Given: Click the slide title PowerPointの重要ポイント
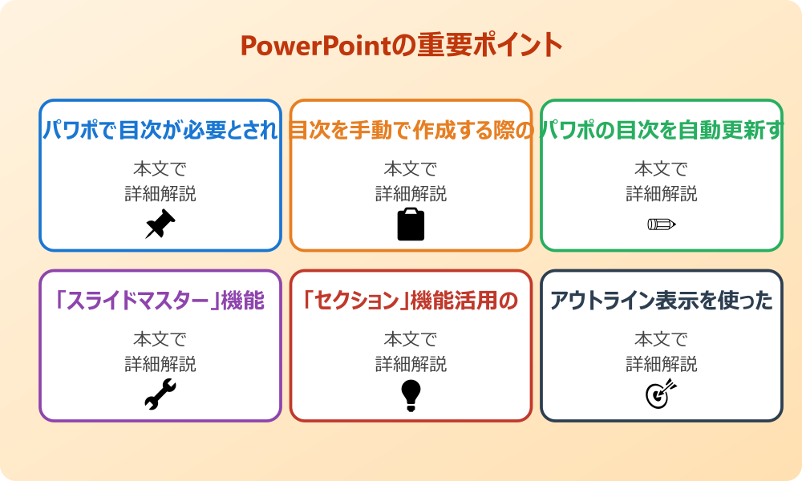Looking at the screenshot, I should point(401,46).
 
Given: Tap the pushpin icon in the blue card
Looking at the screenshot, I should point(160,224).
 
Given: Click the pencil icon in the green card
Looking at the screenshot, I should point(661,224).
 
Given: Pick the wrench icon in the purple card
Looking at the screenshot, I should point(160,394).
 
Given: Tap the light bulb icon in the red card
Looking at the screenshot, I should point(411,394).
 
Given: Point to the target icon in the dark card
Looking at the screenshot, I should point(661,394).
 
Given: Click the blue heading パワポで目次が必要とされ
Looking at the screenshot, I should point(160,130).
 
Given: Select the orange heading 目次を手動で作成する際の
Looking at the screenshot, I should point(411,130).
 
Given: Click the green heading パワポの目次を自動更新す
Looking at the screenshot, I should point(661,130).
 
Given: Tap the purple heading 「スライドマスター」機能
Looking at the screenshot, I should point(160,301).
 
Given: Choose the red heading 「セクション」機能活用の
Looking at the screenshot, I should point(411,301).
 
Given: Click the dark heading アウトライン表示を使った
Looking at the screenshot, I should point(661,301).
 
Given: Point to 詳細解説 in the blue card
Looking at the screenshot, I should point(160,194).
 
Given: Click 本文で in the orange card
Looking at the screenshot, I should point(411,169).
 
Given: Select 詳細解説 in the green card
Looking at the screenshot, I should point(661,194).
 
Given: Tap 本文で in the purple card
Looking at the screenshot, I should point(160,340).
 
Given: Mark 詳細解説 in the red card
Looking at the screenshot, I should point(411,365).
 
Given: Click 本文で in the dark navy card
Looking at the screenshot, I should point(661,340).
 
